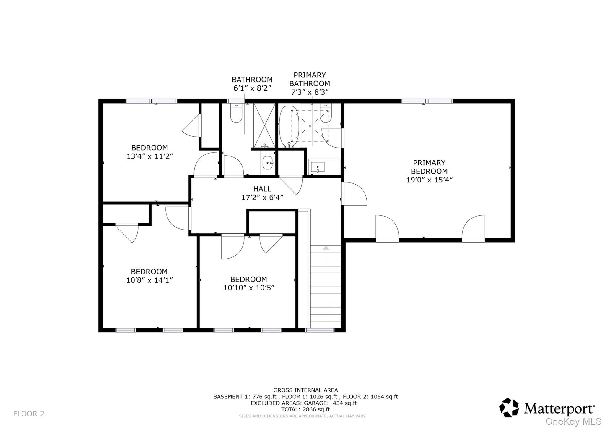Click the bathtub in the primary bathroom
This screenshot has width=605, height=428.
click(x=289, y=126)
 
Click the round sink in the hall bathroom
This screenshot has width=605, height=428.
click(x=268, y=163)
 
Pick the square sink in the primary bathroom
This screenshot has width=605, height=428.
click(x=318, y=167)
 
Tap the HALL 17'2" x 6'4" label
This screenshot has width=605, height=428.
click(x=262, y=193)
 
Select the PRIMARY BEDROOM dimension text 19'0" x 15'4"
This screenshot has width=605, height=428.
click(x=429, y=180)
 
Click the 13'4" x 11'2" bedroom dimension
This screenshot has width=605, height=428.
click(x=149, y=156)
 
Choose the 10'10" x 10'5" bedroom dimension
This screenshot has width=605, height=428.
click(x=249, y=288)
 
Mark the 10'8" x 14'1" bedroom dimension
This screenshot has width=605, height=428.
click(x=149, y=280)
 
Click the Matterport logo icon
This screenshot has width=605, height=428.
click(x=509, y=408)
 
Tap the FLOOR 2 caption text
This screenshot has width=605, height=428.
click(x=29, y=414)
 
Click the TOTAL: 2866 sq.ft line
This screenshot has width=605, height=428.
click(x=305, y=409)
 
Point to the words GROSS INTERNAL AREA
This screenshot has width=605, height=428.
click(x=305, y=390)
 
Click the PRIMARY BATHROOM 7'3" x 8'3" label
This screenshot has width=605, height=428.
click(x=310, y=83)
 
